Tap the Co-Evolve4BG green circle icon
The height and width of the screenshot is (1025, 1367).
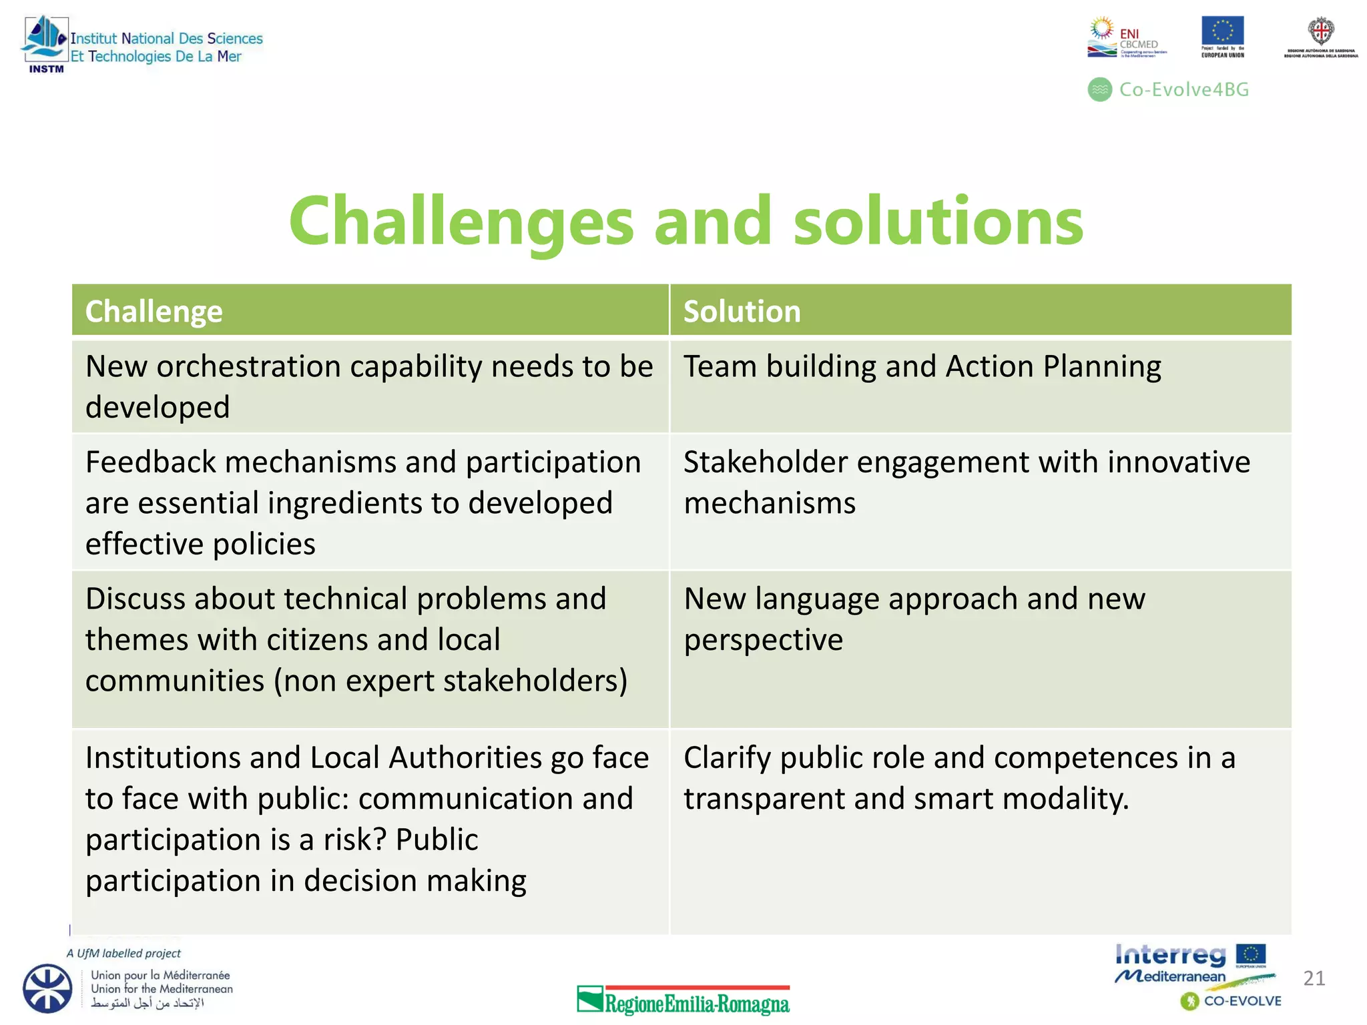coord(1099,89)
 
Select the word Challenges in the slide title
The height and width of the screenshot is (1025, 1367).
coord(461,222)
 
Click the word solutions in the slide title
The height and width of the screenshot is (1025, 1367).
coord(938,222)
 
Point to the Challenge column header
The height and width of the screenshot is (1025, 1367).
coord(154,312)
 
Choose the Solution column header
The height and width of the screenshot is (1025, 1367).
coord(742,312)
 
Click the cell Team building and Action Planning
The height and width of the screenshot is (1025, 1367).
coord(922,367)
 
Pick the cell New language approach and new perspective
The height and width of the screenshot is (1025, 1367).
coord(914,619)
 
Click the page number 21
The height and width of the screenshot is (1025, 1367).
coord(1314,978)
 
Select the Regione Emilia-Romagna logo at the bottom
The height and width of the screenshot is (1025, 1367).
coord(683,1000)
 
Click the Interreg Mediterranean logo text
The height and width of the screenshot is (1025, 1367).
coord(1171,964)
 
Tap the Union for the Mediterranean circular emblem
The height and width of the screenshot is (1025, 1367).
coord(47,988)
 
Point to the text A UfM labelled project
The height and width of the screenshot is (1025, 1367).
coord(123,954)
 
